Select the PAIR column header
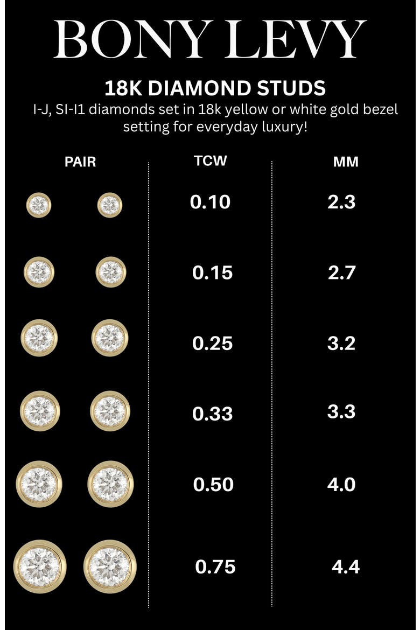pos(80,162)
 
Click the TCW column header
pos(210,160)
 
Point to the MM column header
pos(346,162)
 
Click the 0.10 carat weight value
pos(210,202)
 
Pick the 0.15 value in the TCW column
pos(212,273)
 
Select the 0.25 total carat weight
pos(212,344)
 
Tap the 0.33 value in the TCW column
pos(212,414)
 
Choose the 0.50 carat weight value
pos(213,485)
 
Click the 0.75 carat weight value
pos(215,567)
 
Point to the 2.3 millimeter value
pos(341,202)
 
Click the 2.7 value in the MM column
pos(341,273)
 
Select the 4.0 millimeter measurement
pos(341,485)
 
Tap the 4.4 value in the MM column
pos(346,567)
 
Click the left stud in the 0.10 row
pos(39,205)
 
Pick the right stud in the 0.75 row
pos(110,566)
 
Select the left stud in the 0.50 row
pos(39,484)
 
